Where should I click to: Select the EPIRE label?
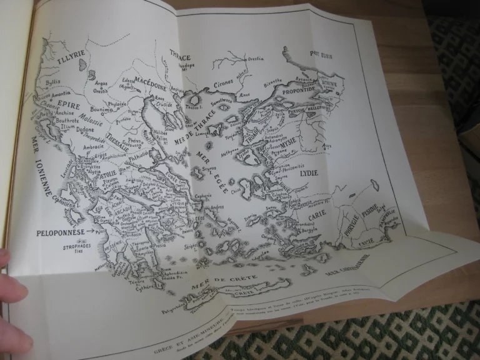tap(69, 105)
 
